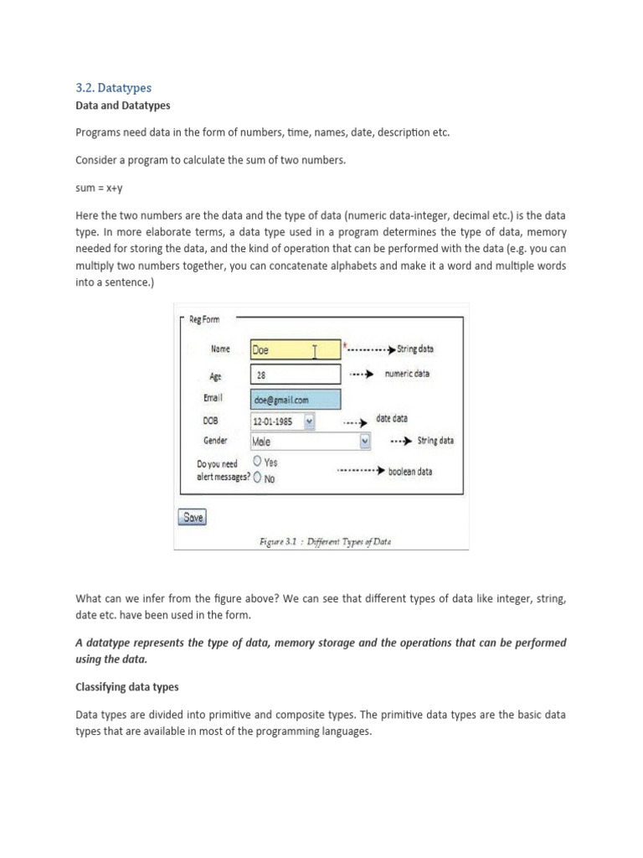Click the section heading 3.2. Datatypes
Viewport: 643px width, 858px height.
(x=113, y=87)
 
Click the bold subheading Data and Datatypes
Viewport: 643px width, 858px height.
(x=122, y=106)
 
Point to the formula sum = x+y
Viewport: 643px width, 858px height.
(x=99, y=189)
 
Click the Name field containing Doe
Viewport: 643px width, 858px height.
(x=295, y=350)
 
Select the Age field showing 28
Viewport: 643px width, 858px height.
(x=295, y=375)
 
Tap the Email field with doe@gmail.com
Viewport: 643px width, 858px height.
(x=295, y=400)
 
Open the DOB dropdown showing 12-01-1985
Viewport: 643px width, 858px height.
(x=309, y=421)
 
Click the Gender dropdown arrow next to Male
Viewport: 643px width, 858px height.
(x=365, y=441)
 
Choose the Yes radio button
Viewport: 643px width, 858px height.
(x=257, y=461)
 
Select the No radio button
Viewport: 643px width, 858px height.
(x=257, y=478)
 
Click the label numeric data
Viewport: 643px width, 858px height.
(x=407, y=374)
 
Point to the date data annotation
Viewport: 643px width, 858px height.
(x=392, y=418)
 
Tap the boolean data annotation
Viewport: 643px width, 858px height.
(x=410, y=472)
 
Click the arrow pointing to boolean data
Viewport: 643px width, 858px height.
(x=361, y=472)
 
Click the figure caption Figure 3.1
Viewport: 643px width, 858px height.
(x=325, y=541)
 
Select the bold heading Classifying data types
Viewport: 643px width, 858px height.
(x=128, y=687)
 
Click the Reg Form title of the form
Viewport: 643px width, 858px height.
(x=206, y=319)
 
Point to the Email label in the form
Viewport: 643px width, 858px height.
(x=213, y=399)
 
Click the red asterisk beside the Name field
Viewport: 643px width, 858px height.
(x=344, y=344)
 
